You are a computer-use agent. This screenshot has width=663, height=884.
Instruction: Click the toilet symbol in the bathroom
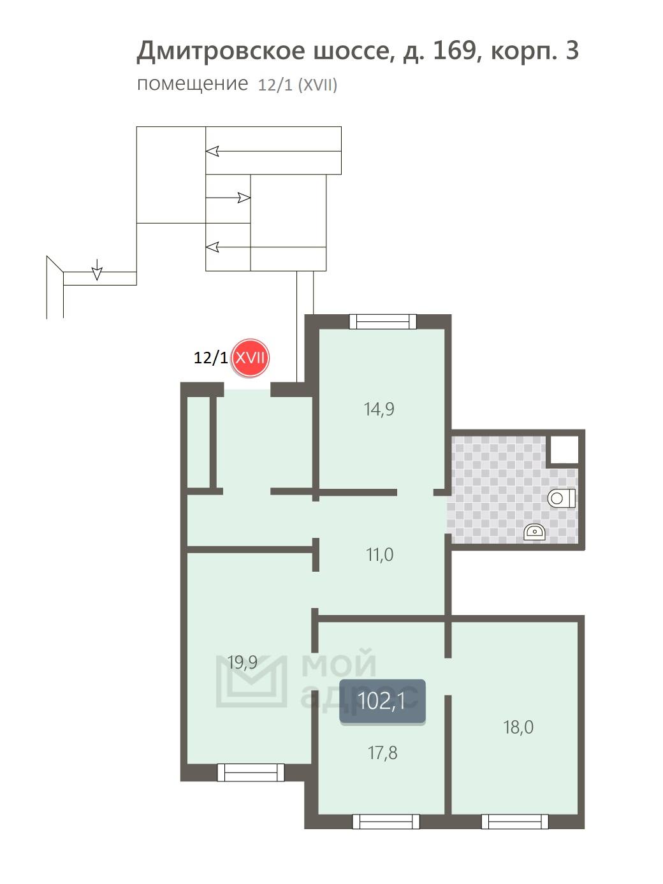pos(561,498)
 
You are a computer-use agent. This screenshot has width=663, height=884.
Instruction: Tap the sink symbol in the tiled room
pos(534,532)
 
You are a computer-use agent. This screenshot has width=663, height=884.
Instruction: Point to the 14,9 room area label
pos(379,409)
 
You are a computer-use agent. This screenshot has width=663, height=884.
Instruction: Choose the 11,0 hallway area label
pos(380,554)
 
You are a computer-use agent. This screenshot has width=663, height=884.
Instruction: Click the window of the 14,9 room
pos(382,322)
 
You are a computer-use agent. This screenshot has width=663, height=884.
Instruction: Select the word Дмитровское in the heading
pos(221,52)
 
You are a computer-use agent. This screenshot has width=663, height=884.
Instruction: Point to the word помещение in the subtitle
pos(193,84)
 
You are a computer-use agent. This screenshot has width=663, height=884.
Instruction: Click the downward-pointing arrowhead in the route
pos(97,273)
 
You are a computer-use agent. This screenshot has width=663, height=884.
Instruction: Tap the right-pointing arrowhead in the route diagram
pos(244,198)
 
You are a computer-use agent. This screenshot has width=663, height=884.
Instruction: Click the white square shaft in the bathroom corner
pos(564,449)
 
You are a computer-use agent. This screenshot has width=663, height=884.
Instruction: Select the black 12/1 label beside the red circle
pos(210,358)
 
